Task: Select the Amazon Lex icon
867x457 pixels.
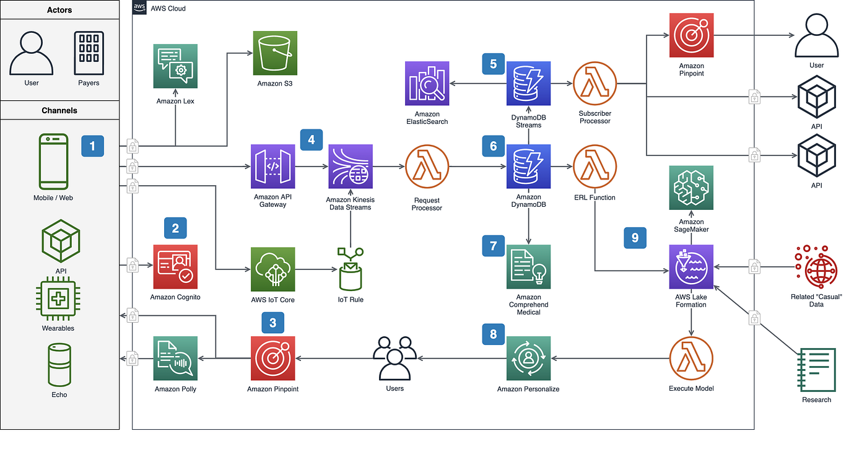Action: [175, 66]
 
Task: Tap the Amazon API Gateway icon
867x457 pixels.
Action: [273, 167]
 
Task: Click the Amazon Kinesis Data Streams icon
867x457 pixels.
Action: [351, 167]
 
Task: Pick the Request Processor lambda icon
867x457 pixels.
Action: [427, 167]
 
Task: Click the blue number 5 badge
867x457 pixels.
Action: [493, 64]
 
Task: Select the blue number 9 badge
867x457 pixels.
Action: [635, 238]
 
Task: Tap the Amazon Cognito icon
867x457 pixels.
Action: [175, 266]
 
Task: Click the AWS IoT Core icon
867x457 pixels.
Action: [273, 269]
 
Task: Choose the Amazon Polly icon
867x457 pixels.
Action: [175, 358]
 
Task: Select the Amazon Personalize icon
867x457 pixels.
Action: [528, 358]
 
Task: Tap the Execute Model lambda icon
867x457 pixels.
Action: [691, 358]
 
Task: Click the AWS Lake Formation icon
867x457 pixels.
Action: [691, 266]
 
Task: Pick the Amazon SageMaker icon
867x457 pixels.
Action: [691, 188]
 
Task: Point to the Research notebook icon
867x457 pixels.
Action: [817, 369]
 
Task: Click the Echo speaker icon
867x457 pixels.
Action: [59, 365]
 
